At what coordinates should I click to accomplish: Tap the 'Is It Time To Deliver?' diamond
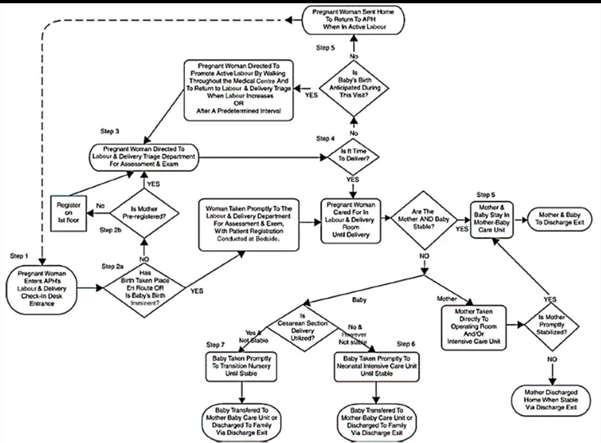352,158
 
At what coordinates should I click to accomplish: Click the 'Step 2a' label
114,266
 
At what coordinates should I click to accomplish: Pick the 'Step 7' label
217,344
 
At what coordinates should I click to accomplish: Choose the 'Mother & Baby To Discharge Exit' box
559,220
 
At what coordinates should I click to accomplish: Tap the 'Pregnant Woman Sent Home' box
352,20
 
